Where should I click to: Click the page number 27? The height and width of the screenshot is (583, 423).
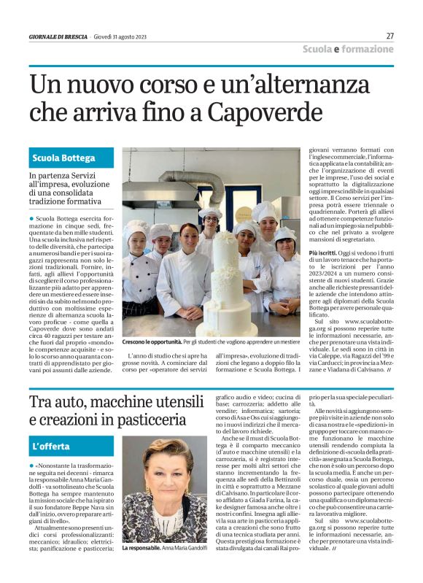click(x=389, y=36)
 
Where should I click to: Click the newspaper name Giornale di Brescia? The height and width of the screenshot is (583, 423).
click(x=58, y=36)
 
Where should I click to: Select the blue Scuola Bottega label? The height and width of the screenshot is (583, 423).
click(x=63, y=158)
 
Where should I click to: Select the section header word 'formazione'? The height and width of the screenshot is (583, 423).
click(x=368, y=49)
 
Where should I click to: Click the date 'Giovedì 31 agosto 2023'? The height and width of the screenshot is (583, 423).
click(x=121, y=36)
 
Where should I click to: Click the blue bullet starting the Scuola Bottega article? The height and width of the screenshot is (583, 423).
click(x=32, y=218)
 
